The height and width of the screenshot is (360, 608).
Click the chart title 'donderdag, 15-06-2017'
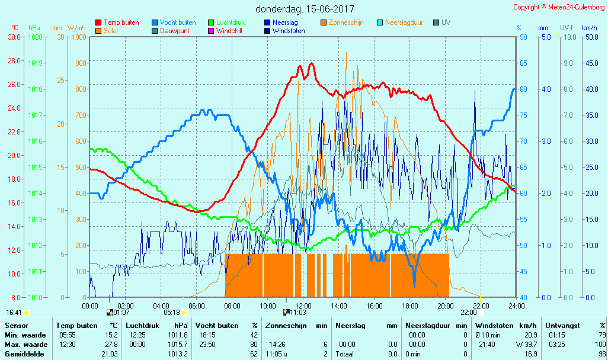coord(305,9)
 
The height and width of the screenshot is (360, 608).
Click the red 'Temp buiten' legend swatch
coord(98,22)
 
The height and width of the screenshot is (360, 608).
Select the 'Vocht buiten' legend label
coord(178,22)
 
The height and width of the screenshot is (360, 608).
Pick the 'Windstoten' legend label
coord(289,31)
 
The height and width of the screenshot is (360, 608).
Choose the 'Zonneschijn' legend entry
coord(346,22)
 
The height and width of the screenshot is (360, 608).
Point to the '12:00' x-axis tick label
coord(303,306)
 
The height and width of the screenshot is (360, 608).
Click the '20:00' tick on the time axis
coord(445,306)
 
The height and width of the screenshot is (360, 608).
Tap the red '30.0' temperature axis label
coord(14,37)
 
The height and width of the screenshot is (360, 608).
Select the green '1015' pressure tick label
coord(35,167)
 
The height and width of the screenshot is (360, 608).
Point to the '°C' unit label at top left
coord(14,28)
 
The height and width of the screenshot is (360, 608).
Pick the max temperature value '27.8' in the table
coord(111,345)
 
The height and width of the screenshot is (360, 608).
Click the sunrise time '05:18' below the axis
coord(171,312)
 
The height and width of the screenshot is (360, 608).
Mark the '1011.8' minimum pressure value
coord(178,335)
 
